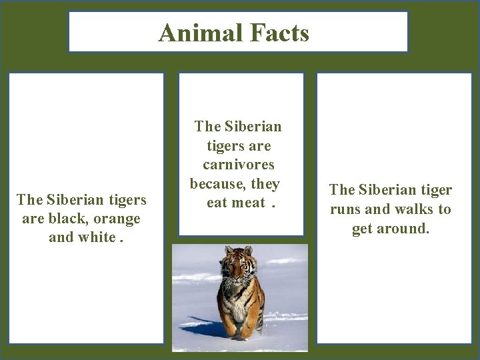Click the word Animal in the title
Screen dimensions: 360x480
[x=197, y=32]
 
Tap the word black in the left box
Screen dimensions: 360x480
[x=71, y=219]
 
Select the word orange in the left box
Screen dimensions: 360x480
[x=118, y=219]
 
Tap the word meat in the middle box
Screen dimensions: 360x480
[x=249, y=202]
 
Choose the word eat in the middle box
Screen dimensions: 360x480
[x=217, y=202]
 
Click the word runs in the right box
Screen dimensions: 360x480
[x=347, y=209]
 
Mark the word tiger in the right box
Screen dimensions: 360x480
[x=434, y=190]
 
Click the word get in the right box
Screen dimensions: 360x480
[x=363, y=229]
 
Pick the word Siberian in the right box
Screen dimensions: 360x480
[x=385, y=190]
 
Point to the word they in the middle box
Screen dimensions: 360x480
[x=266, y=183]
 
